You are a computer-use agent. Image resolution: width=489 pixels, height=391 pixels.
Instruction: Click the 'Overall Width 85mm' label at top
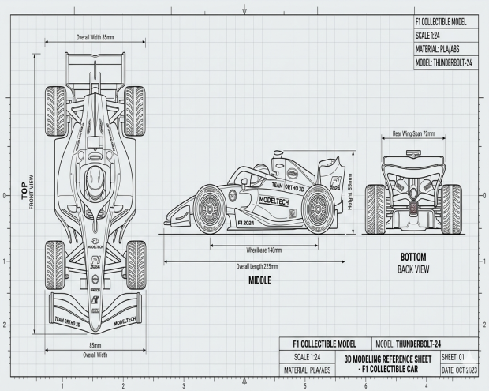tap(95, 37)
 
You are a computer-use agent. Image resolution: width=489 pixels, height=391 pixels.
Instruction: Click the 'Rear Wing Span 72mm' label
tap(413, 134)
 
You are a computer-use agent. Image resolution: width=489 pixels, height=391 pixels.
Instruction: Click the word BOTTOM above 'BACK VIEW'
tap(412, 258)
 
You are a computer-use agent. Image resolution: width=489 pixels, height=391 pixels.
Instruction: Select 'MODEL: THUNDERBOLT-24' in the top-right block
tap(444, 63)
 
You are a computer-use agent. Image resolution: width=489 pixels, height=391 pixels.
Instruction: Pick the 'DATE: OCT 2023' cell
tap(457, 370)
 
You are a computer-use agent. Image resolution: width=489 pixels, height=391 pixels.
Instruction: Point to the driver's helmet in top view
tap(95, 179)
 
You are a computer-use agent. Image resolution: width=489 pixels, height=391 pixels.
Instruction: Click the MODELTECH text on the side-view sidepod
tap(274, 201)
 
